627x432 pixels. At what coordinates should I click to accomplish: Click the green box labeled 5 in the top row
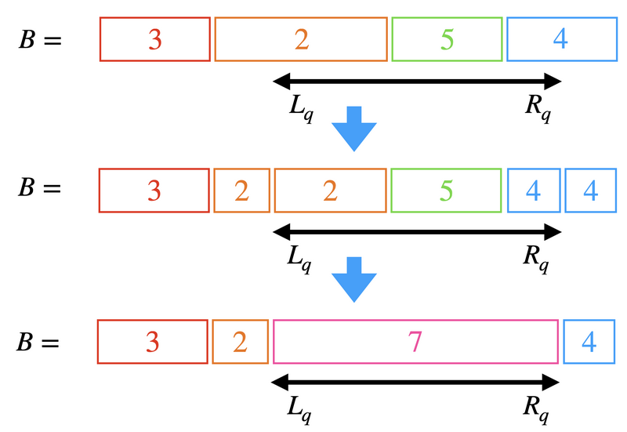tap(447, 39)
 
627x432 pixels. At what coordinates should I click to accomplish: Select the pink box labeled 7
tap(415, 342)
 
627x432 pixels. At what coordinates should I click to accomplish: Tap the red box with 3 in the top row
tap(155, 39)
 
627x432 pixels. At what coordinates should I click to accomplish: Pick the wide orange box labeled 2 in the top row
tap(301, 39)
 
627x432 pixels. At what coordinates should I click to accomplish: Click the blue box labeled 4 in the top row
tap(560, 39)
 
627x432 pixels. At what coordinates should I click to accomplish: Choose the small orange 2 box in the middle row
tap(241, 191)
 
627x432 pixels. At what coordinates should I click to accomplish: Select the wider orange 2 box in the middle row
tap(330, 191)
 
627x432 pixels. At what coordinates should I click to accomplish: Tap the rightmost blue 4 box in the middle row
tap(591, 191)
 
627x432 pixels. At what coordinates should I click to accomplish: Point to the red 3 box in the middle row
tap(154, 191)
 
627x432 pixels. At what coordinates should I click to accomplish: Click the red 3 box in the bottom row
tap(153, 342)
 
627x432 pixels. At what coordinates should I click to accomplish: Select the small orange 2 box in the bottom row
tap(240, 342)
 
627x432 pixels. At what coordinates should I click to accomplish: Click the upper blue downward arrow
tap(354, 127)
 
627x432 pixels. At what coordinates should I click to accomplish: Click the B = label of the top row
tap(40, 40)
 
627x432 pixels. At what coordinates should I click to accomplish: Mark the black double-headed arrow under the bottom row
tap(415, 382)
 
